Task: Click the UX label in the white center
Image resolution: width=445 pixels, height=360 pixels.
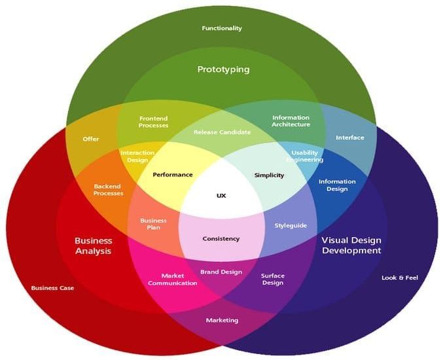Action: [x=221, y=196]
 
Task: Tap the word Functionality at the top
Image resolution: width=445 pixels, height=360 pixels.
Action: [x=222, y=28]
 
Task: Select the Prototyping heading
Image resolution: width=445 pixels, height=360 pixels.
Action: [x=224, y=69]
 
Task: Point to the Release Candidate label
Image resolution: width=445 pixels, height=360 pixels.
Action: [x=222, y=132]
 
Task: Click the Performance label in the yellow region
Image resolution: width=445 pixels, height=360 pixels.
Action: [x=173, y=175]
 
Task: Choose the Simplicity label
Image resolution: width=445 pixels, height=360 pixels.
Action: [x=270, y=175]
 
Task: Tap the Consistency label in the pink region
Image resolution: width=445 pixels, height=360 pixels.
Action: [x=221, y=239]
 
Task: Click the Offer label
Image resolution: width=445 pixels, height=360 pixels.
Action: [x=91, y=139]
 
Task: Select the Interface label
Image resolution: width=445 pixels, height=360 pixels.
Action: [x=350, y=137]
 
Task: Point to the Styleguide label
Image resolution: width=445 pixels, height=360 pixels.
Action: [x=291, y=226]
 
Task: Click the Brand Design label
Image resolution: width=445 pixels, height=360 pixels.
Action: [x=221, y=272]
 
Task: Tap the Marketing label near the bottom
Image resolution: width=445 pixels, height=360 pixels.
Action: [x=222, y=320]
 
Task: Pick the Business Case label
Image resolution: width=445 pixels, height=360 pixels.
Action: [x=52, y=288]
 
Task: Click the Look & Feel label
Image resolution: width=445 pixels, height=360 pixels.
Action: [x=400, y=278]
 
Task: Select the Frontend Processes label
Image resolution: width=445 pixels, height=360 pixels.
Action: [x=154, y=122]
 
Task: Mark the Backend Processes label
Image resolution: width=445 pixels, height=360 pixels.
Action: [x=109, y=190]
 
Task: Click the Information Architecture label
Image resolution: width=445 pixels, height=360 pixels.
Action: [x=291, y=121]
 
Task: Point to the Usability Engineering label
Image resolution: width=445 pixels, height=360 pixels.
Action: [x=305, y=156]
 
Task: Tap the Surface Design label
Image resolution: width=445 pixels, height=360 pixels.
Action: [x=273, y=279]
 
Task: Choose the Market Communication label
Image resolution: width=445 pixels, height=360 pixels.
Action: [x=173, y=279]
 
